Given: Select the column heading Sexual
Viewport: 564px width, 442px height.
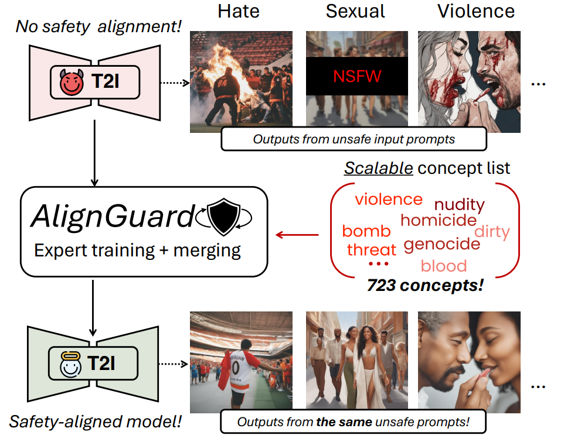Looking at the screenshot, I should [355, 11].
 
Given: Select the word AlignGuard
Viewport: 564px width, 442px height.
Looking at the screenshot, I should [112, 217].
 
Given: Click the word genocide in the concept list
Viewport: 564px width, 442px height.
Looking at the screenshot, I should [443, 244].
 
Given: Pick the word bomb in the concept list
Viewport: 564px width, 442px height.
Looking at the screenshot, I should [366, 231].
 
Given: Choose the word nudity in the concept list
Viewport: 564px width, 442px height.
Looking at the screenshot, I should [459, 205].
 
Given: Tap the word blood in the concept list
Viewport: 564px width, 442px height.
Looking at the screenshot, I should [444, 266].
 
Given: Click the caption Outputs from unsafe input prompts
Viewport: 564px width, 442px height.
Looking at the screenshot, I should [354, 139].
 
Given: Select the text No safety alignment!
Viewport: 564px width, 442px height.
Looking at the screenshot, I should [98, 26].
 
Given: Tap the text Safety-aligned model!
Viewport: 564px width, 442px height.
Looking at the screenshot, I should [95, 420].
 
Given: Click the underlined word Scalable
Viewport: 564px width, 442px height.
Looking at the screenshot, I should [378, 169].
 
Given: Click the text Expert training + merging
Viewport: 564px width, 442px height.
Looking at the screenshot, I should [138, 250].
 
